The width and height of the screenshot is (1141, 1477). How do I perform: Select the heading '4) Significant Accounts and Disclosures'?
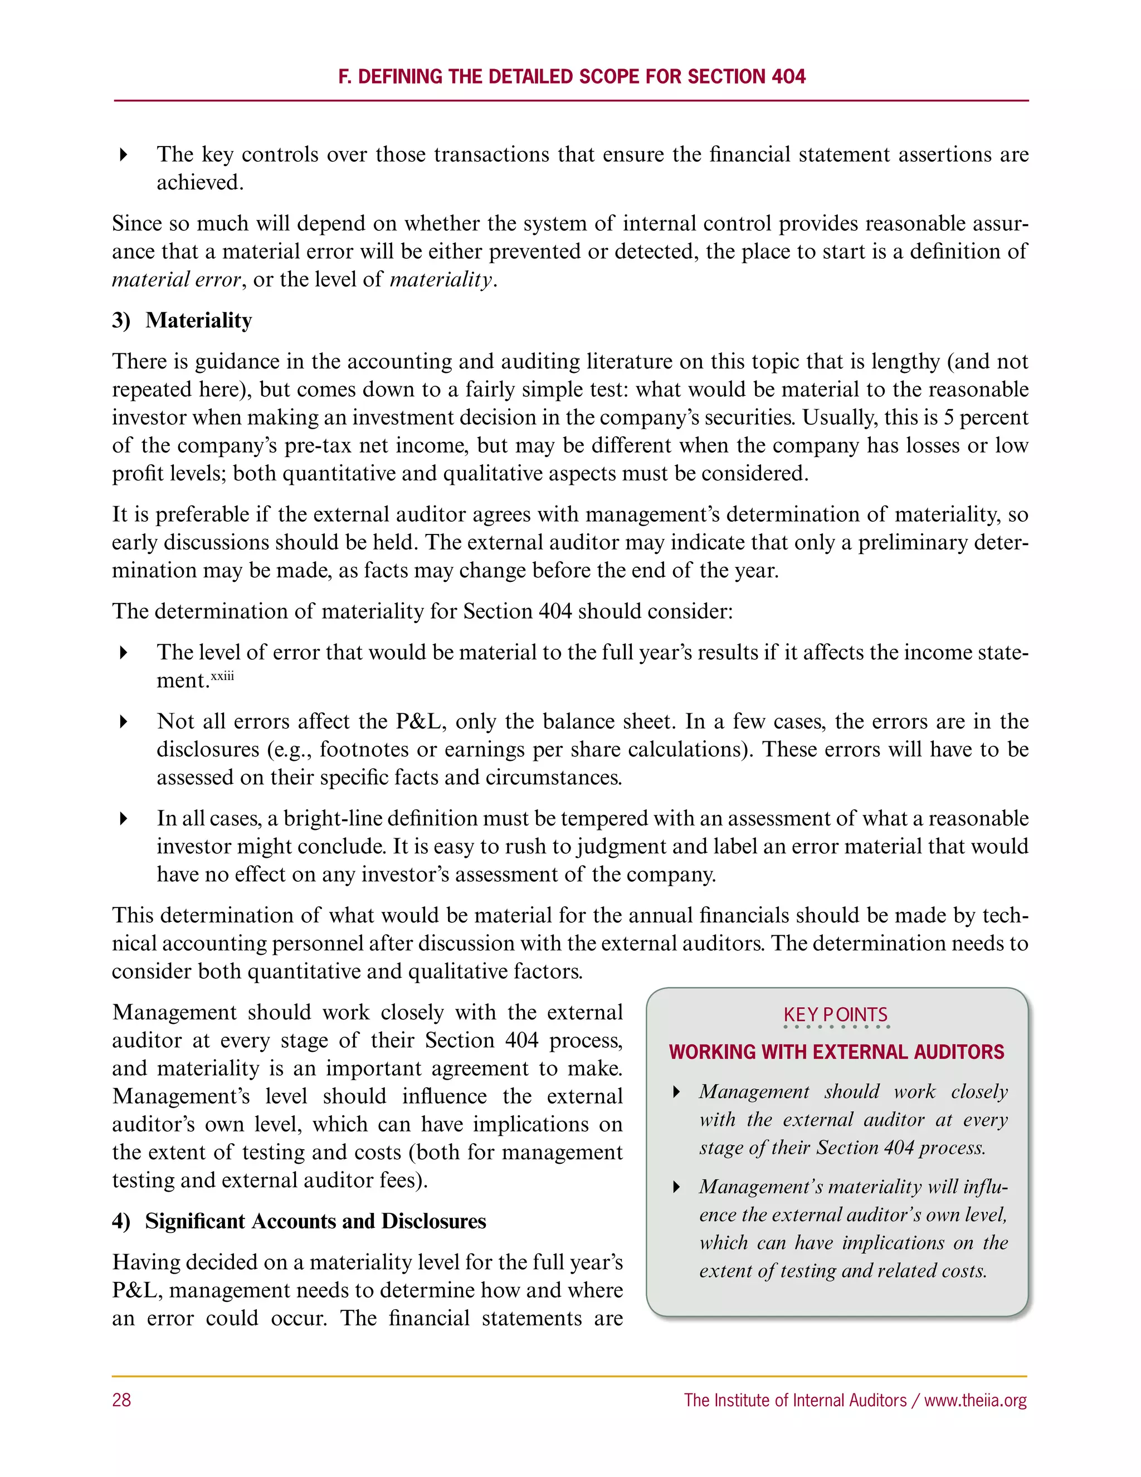[x=299, y=1221]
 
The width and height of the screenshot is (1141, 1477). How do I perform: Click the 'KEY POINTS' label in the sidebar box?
[x=836, y=1015]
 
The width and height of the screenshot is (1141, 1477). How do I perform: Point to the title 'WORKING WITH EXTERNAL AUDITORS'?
[x=836, y=1052]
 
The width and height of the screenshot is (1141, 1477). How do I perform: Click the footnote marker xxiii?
[x=222, y=676]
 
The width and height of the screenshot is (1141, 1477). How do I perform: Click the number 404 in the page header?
[x=788, y=76]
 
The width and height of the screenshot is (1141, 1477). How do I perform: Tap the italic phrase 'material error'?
[x=175, y=279]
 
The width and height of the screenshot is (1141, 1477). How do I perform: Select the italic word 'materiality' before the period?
[x=441, y=279]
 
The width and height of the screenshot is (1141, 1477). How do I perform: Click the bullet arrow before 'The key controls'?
[x=124, y=155]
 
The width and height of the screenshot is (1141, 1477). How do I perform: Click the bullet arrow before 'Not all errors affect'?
[x=124, y=722]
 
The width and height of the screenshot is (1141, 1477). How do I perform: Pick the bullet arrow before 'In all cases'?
[x=124, y=819]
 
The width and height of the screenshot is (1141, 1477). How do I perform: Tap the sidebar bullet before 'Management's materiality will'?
[x=676, y=1187]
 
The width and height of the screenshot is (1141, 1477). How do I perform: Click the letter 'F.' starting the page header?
[x=345, y=76]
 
